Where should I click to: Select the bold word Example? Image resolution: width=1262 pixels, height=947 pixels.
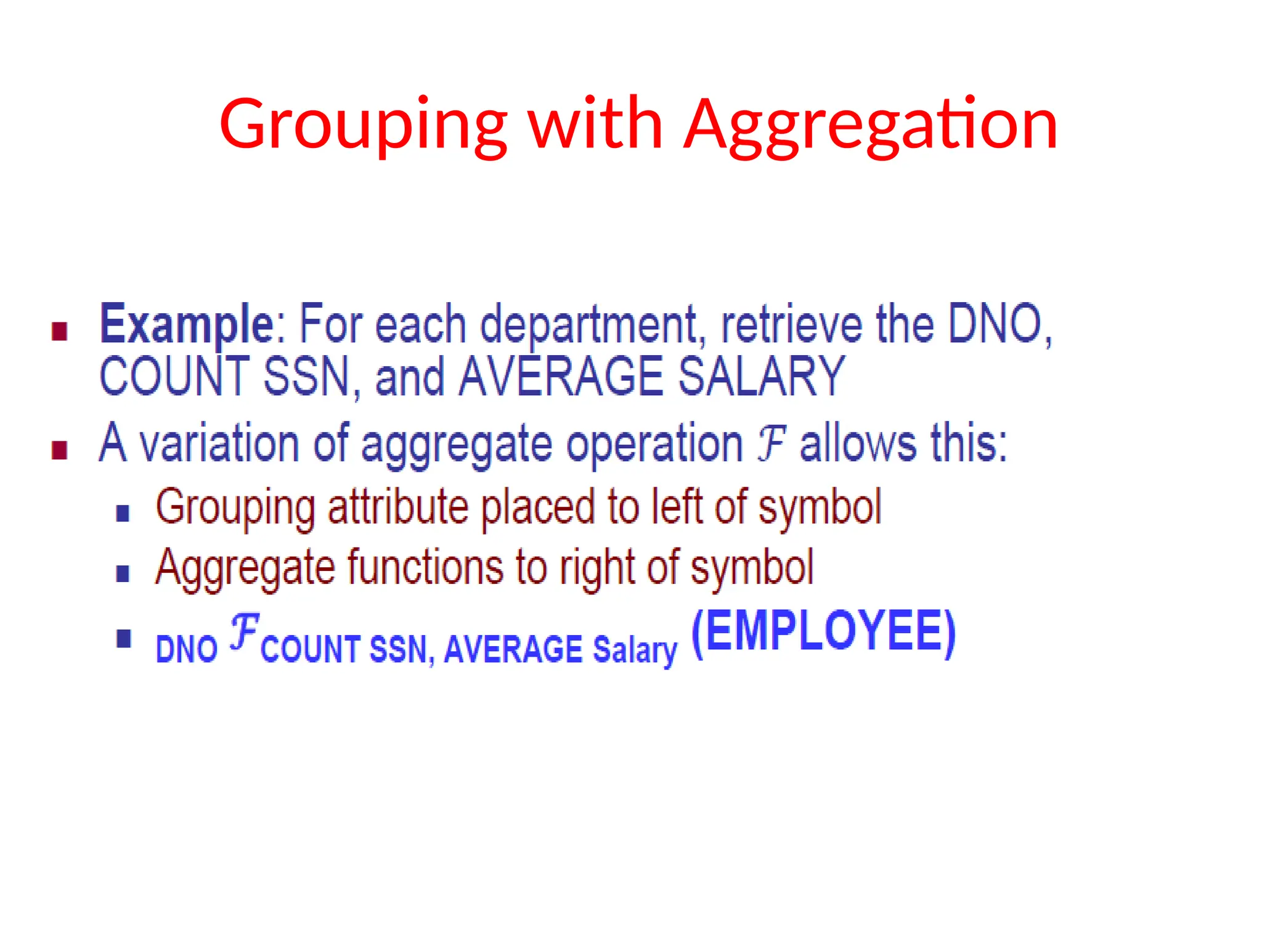pyautogui.click(x=187, y=325)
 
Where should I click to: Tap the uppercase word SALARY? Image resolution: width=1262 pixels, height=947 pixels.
pyautogui.click(x=761, y=376)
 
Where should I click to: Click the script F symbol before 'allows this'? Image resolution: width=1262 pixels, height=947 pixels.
pyautogui.click(x=771, y=441)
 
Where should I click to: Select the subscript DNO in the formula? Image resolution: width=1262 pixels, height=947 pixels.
pyautogui.click(x=187, y=649)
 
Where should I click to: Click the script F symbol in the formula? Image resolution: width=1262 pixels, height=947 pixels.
pyautogui.click(x=244, y=632)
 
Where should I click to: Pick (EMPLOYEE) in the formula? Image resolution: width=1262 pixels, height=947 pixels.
pyautogui.click(x=823, y=632)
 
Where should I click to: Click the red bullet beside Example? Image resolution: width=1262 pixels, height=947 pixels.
pyautogui.click(x=60, y=332)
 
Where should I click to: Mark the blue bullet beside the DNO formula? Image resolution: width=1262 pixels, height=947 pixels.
pyautogui.click(x=124, y=638)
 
